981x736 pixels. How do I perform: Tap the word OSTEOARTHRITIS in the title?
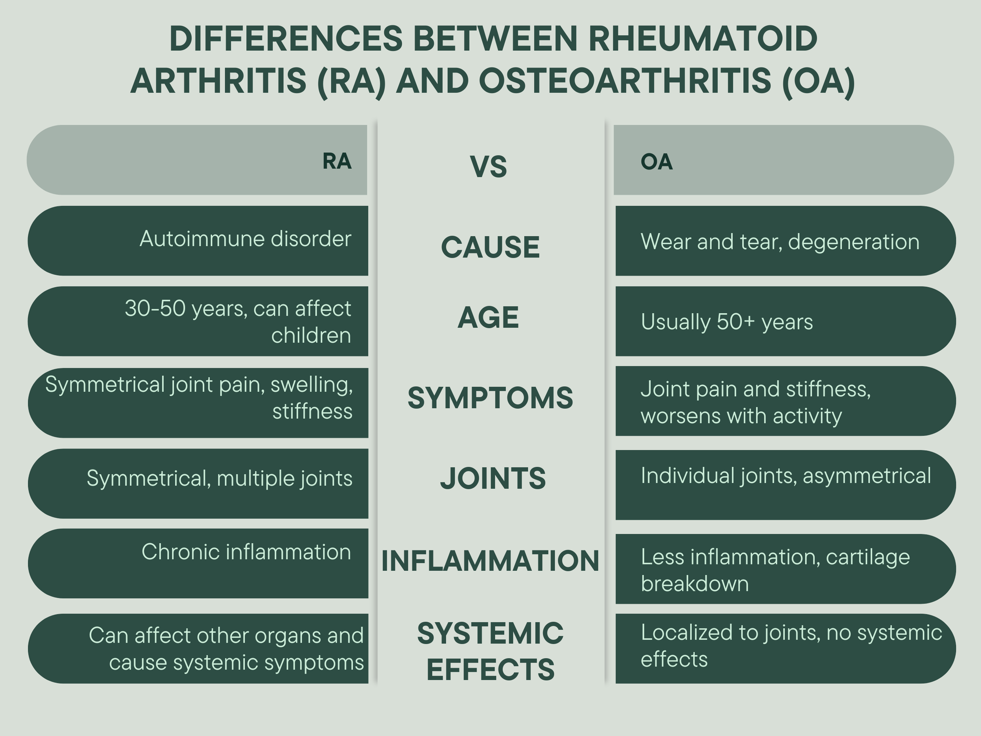[x=624, y=81]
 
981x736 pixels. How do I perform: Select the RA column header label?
[x=337, y=161]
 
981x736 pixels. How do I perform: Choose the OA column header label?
[x=656, y=161]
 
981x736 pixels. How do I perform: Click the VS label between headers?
[x=488, y=167]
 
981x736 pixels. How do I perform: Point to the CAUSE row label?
[x=490, y=247]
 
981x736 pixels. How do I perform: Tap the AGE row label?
[x=488, y=318]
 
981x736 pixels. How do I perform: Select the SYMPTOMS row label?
[x=490, y=398]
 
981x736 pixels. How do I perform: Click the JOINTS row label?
[x=493, y=478]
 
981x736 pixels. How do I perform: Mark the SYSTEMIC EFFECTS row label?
[x=490, y=651]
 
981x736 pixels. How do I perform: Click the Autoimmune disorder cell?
[x=245, y=239]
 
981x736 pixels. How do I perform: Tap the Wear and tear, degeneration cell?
[x=780, y=242]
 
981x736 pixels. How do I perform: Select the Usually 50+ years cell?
[x=726, y=321]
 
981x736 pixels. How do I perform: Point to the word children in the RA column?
[x=311, y=335]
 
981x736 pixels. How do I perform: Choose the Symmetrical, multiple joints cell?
[x=219, y=478]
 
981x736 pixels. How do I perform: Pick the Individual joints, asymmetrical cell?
[x=786, y=476]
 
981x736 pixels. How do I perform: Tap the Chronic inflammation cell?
[x=246, y=552]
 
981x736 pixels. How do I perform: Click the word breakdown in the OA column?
[x=695, y=584]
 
